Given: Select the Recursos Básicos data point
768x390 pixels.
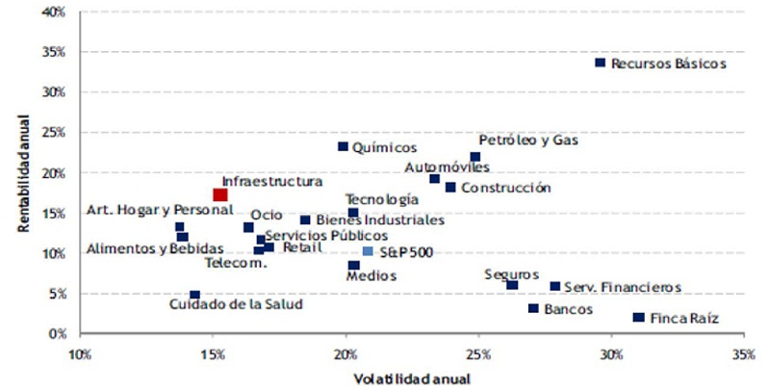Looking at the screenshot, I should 601,63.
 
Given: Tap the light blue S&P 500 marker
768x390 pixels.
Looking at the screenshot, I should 368,251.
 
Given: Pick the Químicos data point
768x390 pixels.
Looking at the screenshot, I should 343,146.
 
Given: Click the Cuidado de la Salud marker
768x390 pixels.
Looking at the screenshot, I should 194,296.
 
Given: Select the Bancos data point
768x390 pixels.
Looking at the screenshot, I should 533,308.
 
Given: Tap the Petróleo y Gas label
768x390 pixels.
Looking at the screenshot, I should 528,141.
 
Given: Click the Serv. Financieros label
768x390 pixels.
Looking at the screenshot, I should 623,287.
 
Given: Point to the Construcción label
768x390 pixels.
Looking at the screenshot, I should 506,188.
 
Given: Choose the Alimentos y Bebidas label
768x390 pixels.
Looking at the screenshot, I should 141,249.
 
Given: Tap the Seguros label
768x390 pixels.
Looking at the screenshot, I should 512,273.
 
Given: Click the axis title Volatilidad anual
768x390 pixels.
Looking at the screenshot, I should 411,378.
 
